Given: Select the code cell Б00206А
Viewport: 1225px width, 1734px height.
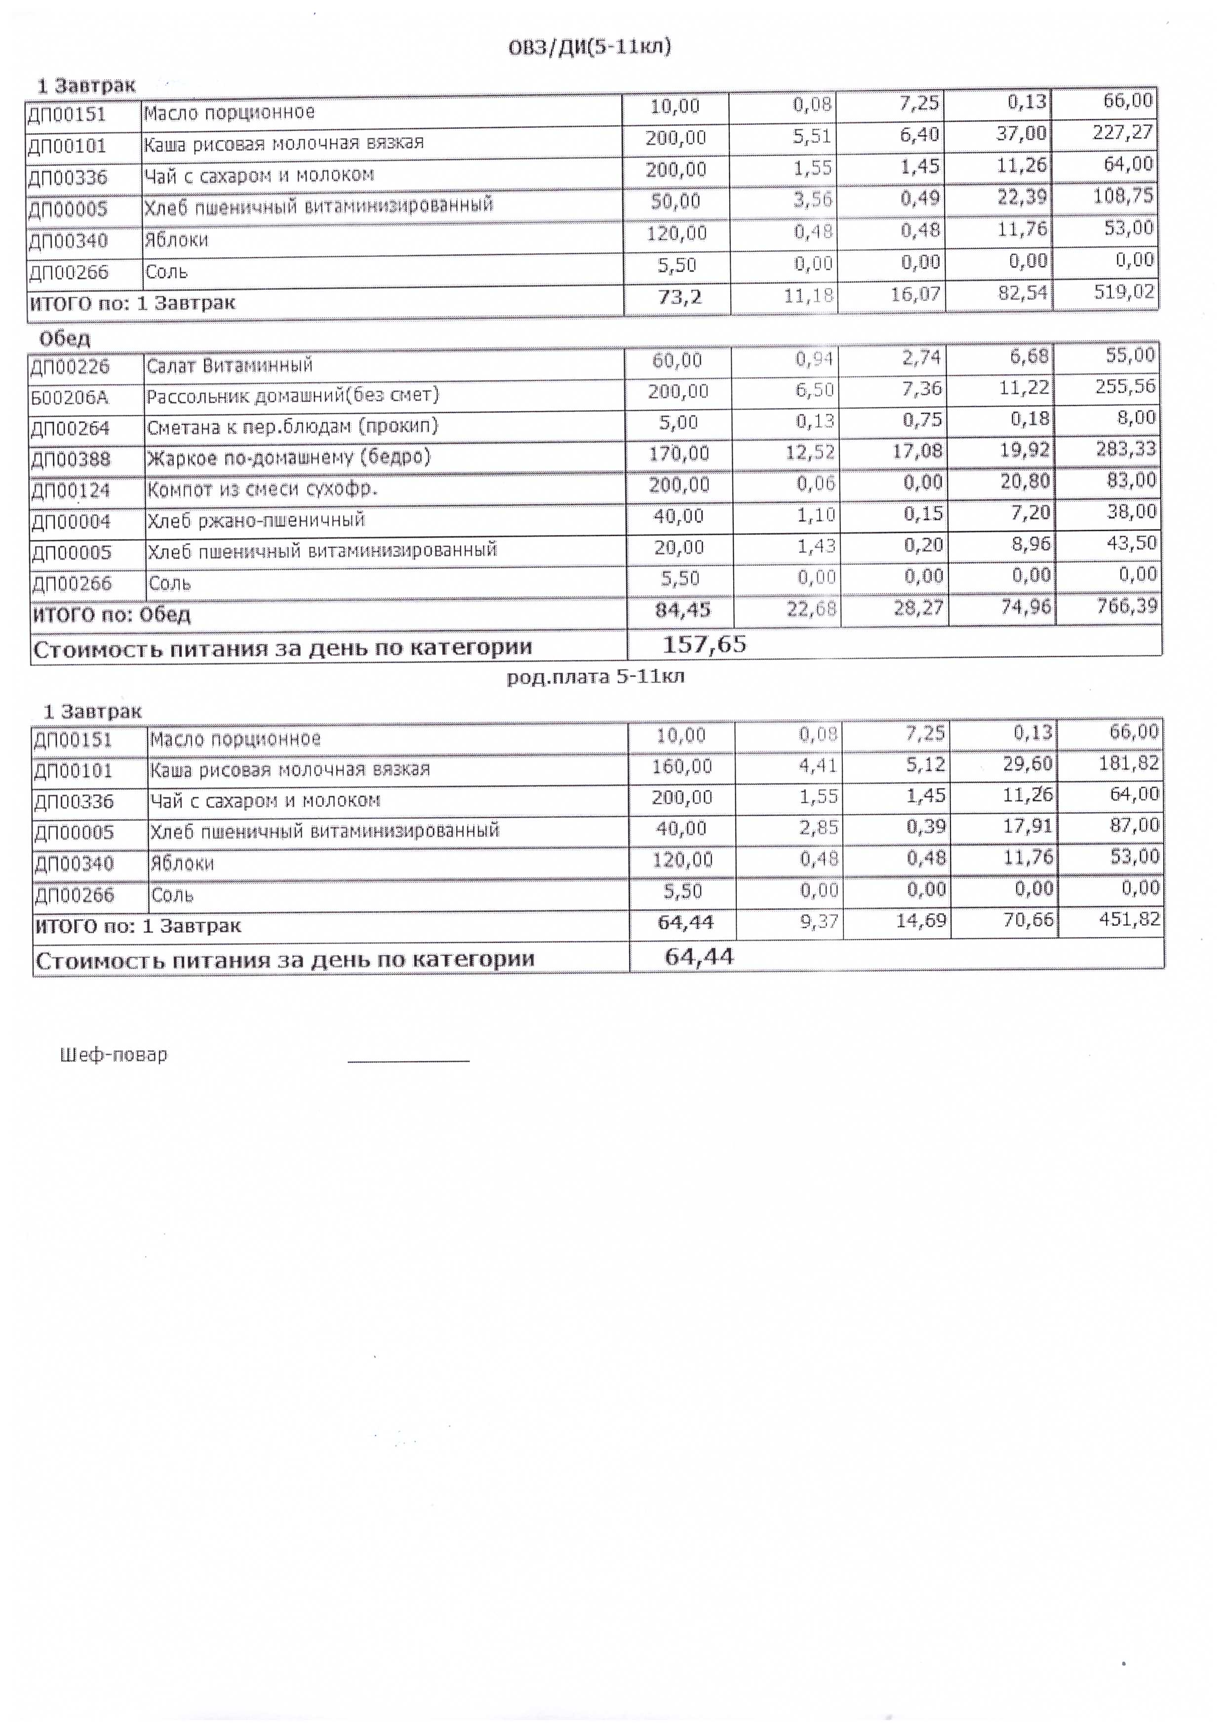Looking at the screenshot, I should (70, 397).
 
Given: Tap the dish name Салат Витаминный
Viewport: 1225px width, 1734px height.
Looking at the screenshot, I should (230, 366).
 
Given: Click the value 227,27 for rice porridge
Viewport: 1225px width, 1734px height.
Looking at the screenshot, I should (1123, 133).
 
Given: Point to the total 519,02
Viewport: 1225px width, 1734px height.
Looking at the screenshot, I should (1125, 292).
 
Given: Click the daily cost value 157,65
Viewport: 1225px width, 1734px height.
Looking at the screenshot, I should (704, 644).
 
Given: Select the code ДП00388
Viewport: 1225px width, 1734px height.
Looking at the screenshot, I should (70, 459).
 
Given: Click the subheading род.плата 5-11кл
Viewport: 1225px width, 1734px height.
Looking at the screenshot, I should (595, 677).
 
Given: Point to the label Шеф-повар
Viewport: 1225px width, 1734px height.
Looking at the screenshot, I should (113, 1055).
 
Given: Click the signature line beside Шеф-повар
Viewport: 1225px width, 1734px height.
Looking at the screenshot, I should (409, 1061).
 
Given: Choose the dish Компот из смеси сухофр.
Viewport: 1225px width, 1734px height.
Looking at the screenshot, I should (262, 489).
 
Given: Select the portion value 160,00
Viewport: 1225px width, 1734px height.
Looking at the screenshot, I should (681, 767).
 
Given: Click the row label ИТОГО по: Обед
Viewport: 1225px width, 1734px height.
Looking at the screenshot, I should (112, 615).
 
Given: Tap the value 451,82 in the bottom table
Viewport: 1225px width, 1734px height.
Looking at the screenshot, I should (1129, 920).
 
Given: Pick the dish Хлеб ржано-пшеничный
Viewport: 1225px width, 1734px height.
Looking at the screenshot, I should (256, 520).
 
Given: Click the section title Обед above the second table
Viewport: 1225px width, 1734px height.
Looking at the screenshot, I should (65, 338).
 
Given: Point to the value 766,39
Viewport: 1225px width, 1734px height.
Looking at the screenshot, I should (1127, 606).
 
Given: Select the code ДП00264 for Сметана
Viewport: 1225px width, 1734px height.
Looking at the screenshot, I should (70, 428).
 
